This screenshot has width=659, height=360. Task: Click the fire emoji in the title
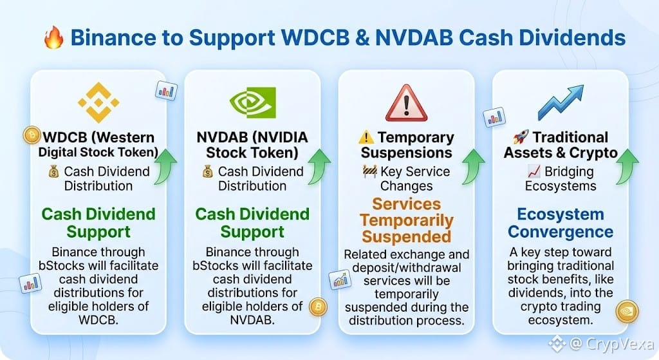(54, 37)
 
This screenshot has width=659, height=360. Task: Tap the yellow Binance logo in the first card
(98, 102)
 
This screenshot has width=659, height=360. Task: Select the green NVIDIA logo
(252, 102)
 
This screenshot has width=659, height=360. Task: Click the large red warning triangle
(407, 103)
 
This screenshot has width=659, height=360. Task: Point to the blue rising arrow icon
(561, 102)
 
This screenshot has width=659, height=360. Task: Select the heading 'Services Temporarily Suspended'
(407, 220)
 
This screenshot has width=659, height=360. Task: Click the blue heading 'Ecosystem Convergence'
(561, 223)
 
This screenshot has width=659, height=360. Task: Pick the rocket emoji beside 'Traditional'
(521, 137)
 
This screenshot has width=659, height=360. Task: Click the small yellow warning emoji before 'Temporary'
(366, 137)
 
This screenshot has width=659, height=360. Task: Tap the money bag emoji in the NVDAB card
(208, 171)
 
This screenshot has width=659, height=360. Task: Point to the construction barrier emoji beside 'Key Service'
(369, 171)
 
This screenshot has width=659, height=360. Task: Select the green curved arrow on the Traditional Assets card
(627, 167)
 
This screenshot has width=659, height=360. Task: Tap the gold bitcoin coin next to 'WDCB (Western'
(32, 135)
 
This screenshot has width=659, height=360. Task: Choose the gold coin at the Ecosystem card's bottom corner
(627, 312)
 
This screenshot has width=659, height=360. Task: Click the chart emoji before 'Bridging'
(534, 171)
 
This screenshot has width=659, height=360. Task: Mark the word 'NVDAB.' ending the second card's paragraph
(252, 320)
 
